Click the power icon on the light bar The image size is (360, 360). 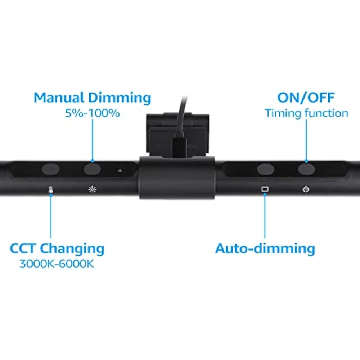(306, 189)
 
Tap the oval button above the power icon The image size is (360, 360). (306, 168)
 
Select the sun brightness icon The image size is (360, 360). (93, 189)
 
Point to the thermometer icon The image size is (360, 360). (51, 189)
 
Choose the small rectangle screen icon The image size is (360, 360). (265, 189)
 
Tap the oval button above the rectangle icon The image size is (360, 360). (265, 168)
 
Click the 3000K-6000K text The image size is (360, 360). (57, 264)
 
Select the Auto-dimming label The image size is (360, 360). (265, 248)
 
